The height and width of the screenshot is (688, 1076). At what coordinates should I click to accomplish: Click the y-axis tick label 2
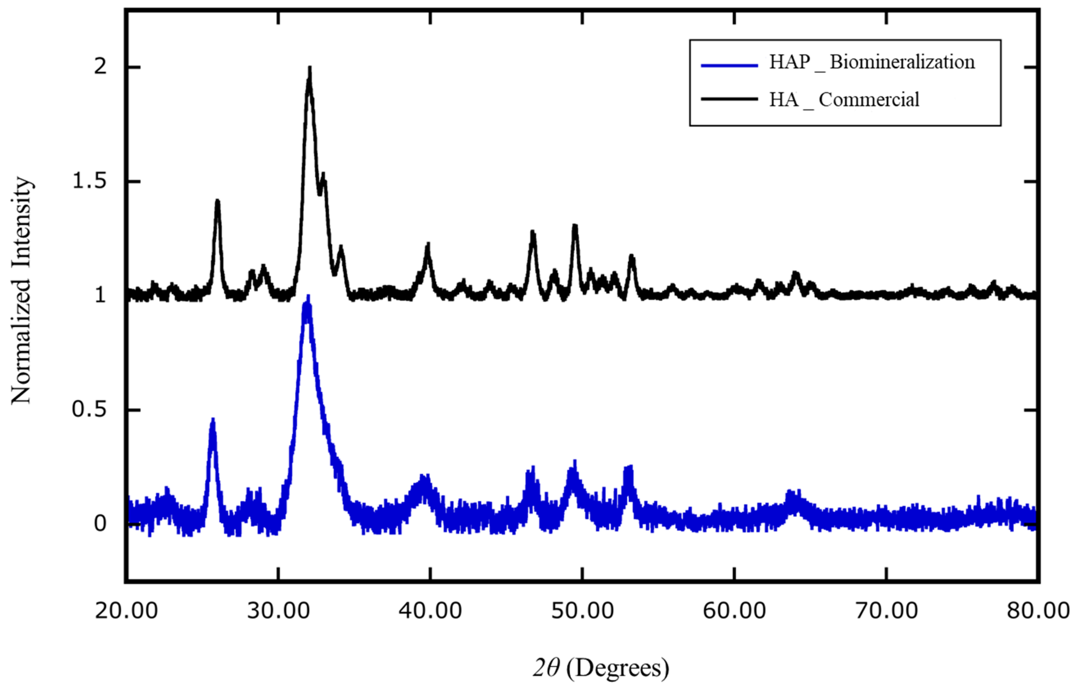[x=100, y=67]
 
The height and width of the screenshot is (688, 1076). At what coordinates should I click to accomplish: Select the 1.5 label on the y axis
[x=89, y=182]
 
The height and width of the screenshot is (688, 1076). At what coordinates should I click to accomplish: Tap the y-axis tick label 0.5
[x=89, y=410]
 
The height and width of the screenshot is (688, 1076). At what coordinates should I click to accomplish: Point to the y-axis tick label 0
[x=100, y=524]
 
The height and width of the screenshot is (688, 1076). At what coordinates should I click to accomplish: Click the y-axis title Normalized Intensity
[x=21, y=291]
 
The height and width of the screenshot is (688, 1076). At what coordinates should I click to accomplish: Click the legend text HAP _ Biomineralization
[x=872, y=62]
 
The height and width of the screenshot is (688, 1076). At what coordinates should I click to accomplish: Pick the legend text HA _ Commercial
[x=844, y=100]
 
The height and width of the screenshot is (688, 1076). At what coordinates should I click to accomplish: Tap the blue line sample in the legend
[x=729, y=65]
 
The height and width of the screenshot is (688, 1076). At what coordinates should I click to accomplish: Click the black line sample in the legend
[x=729, y=99]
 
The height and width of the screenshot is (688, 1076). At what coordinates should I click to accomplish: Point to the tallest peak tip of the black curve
[x=309, y=68]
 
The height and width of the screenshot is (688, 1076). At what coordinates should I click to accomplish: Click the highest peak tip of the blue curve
[x=308, y=296]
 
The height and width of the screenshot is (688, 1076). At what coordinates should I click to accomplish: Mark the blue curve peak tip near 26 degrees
[x=213, y=420]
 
